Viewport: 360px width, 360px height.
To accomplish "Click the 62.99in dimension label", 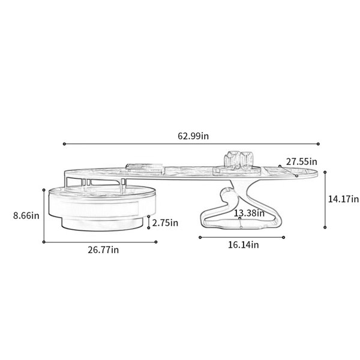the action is [193, 136].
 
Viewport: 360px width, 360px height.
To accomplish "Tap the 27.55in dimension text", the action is [301, 161].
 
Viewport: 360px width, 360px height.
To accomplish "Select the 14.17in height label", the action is [343, 199].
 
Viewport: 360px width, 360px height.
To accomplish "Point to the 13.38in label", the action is [249, 213].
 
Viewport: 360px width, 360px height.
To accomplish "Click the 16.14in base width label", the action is [244, 245].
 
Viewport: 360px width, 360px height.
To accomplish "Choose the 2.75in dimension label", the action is [165, 223].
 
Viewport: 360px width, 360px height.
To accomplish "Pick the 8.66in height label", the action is [26, 215].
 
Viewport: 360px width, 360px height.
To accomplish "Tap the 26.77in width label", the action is [103, 250].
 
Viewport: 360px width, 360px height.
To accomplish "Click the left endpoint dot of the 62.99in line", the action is [64, 144].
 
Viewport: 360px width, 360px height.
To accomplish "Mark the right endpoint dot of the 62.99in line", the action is [318, 144].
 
